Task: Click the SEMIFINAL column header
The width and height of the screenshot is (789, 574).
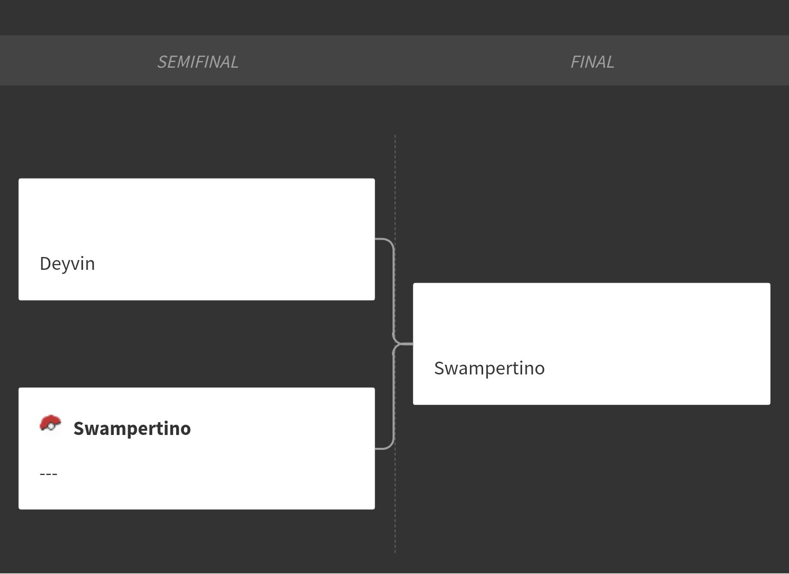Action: (198, 62)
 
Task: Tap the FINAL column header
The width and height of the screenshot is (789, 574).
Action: (592, 62)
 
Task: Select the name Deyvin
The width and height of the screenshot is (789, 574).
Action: (67, 264)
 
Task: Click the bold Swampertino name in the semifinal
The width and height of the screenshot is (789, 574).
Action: (132, 428)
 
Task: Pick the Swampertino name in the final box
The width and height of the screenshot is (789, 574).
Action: (489, 368)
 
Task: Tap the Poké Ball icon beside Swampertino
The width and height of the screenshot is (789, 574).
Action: (50, 426)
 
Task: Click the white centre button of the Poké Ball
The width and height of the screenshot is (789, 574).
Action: (51, 427)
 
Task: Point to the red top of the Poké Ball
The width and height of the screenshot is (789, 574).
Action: (51, 420)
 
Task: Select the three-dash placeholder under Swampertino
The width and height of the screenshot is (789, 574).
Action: (49, 474)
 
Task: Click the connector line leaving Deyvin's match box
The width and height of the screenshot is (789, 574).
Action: (393, 282)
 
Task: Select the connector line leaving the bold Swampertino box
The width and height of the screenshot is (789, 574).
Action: (393, 405)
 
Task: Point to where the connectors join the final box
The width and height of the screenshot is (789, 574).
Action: (412, 344)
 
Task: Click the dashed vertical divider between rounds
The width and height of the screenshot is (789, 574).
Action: (395, 344)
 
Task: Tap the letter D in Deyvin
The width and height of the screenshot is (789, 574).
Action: (46, 264)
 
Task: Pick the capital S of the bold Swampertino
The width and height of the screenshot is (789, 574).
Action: (79, 429)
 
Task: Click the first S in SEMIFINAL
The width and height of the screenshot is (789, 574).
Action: (162, 62)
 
